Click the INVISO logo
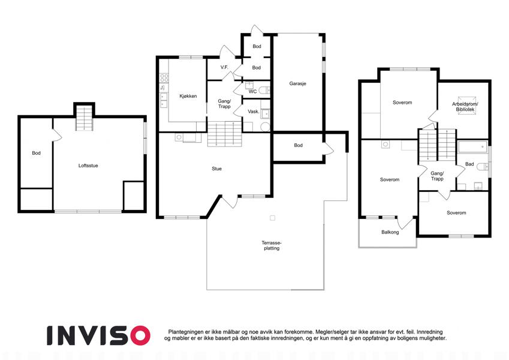[98, 335]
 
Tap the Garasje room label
[298, 83]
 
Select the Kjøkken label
[188, 96]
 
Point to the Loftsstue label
[88, 166]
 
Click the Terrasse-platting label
[272, 245]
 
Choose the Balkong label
[390, 232]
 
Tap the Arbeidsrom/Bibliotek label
[465, 107]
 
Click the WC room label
[252, 92]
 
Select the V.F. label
[224, 67]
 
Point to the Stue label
[216, 169]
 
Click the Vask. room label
[254, 112]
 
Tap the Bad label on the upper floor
[469, 164]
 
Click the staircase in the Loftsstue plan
[85, 118]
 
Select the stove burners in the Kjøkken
[164, 77]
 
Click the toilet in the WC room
[266, 89]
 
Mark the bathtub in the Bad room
[472, 147]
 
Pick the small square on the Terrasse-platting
[273, 218]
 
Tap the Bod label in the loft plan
[37, 153]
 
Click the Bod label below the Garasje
[299, 145]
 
